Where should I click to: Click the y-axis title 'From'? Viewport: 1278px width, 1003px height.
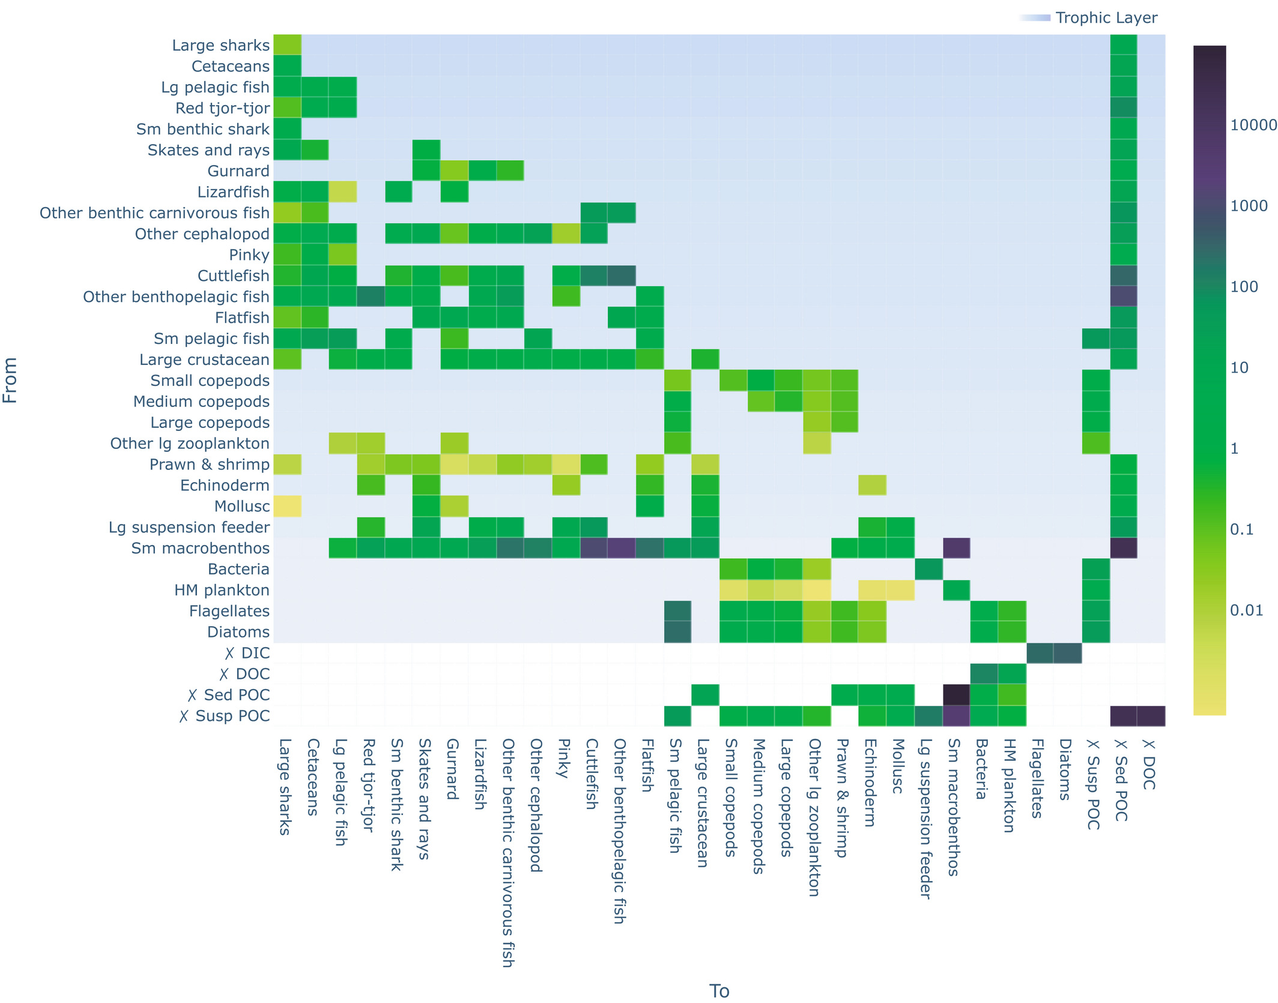click(10, 380)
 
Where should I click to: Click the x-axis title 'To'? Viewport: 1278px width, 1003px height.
click(719, 990)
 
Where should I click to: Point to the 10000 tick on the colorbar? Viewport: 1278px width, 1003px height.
click(1253, 125)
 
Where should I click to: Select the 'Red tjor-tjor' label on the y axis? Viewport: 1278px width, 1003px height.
click(222, 108)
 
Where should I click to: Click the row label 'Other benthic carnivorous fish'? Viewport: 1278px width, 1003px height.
click(154, 213)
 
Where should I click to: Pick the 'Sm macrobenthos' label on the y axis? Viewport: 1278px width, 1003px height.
click(200, 548)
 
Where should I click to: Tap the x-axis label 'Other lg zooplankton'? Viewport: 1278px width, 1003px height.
click(814, 817)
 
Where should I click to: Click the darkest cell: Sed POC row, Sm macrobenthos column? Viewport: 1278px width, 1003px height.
click(956, 695)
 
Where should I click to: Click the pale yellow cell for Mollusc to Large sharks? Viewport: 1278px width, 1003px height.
click(287, 506)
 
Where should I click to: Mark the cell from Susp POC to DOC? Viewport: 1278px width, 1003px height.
click(1151, 716)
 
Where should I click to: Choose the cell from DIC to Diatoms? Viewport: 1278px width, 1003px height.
click(1067, 653)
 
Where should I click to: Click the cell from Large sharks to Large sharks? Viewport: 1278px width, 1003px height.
click(287, 45)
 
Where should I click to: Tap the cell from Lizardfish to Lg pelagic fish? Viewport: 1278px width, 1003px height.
click(343, 192)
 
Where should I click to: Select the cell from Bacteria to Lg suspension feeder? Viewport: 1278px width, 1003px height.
click(928, 569)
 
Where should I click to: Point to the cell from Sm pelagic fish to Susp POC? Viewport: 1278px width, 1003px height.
click(1095, 339)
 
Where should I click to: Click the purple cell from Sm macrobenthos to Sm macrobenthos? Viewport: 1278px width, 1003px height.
click(956, 548)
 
